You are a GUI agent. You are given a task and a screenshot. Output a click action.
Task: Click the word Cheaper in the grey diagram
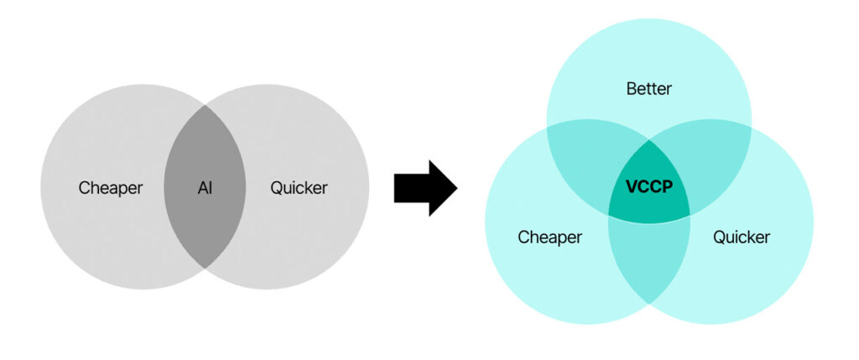[x=110, y=188]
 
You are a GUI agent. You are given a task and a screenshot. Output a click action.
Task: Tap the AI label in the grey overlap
[x=205, y=188]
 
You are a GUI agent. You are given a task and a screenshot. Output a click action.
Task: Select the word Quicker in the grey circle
[x=299, y=188]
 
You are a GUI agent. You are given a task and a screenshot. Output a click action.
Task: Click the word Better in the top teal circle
[x=648, y=89]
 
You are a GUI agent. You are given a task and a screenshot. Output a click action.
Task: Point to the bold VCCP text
[x=648, y=187]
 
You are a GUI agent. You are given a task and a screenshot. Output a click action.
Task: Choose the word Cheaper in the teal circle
[x=549, y=237]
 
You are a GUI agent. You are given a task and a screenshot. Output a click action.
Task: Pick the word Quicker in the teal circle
[x=742, y=237]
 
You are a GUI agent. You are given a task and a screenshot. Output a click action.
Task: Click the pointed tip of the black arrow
[x=457, y=188]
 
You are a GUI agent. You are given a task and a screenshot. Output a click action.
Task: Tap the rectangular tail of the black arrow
[x=411, y=188]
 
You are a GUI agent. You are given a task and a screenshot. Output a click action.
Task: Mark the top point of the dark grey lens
[x=205, y=105]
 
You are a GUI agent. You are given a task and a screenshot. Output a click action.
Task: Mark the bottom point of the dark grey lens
[x=205, y=269]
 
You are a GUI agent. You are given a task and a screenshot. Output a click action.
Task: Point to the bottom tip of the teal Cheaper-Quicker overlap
[x=649, y=303]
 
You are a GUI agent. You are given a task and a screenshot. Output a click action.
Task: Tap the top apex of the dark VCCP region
[x=649, y=140]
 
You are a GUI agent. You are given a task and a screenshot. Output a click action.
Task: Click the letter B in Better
[x=632, y=89]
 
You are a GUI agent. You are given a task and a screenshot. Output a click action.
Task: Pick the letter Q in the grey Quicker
[x=277, y=188]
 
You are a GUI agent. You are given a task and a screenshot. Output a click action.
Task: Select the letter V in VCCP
[x=632, y=187]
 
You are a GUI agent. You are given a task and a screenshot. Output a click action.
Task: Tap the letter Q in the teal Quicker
[x=719, y=237]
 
